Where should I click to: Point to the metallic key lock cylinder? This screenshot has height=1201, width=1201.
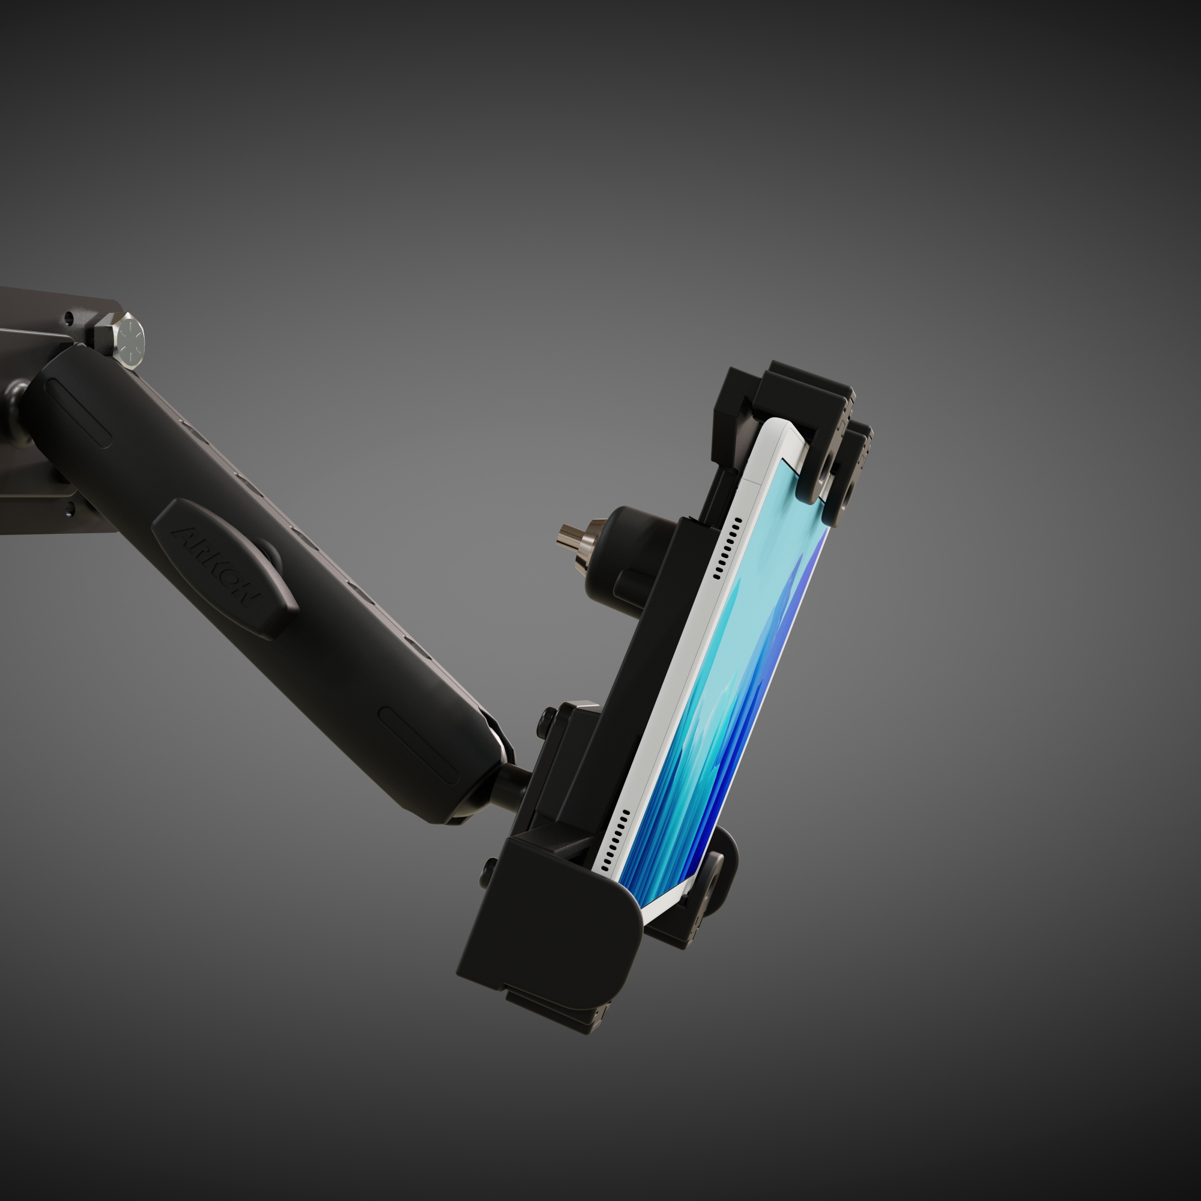point(570,540)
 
